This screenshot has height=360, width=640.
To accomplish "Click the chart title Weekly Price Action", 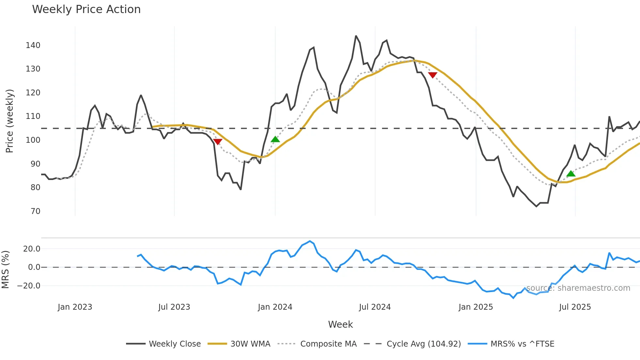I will (x=86, y=9).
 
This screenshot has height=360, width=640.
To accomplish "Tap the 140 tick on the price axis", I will (x=33, y=45).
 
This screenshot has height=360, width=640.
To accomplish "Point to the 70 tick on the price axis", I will (x=36, y=211).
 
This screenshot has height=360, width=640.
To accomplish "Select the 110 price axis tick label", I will (x=33, y=116).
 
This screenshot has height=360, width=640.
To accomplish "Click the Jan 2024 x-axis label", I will (x=275, y=307).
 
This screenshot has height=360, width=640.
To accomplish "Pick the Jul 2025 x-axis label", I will (x=575, y=307).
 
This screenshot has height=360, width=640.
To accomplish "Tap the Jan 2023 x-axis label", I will (x=75, y=307).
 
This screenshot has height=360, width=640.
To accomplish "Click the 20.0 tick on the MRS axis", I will (x=32, y=249).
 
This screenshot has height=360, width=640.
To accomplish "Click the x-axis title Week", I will (x=340, y=324).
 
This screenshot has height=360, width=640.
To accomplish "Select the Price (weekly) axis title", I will (x=10, y=121).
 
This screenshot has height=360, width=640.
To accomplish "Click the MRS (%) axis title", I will (x=6, y=270).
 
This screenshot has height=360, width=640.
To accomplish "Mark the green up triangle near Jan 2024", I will (x=275, y=139).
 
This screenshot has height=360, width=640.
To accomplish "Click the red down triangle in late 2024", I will (x=433, y=75).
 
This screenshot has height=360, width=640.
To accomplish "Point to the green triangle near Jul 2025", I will (x=571, y=174).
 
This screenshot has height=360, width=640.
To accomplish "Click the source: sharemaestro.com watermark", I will (x=578, y=288).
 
